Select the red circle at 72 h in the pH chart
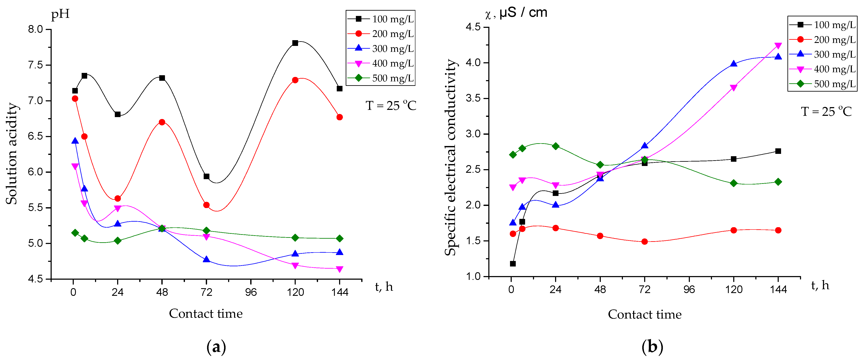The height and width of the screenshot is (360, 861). coord(206,205)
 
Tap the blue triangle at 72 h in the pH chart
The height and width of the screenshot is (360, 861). coord(206,259)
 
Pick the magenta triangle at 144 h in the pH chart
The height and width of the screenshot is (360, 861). coord(340,269)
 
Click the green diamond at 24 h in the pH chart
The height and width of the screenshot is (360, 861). coord(118,241)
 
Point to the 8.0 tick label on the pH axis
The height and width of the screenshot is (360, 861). coord(36,29)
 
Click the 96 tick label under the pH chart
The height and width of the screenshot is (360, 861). coord(251,292)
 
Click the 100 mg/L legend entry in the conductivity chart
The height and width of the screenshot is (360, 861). coord(823,25)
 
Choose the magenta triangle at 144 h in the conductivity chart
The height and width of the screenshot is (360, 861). coord(778,46)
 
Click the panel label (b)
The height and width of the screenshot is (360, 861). coord(652,347)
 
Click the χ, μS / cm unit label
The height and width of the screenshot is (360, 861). coord(516,13)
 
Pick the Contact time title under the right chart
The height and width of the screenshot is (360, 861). coord(644,314)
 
